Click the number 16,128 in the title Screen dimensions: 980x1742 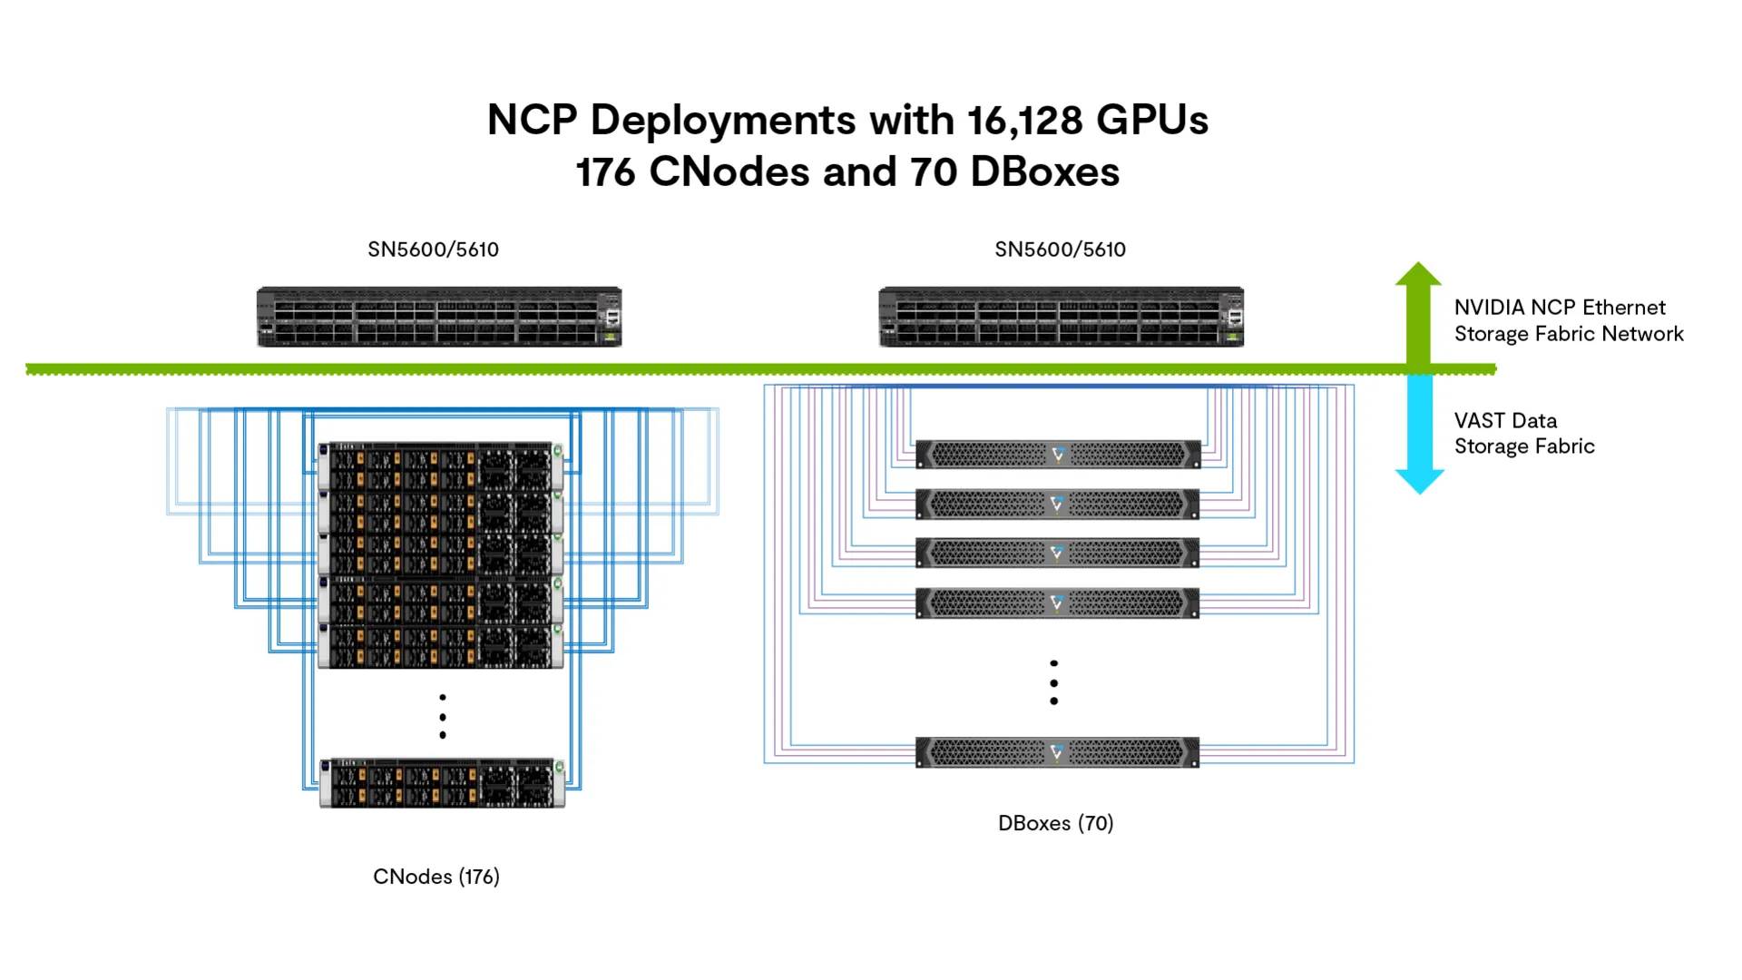[x=1024, y=120]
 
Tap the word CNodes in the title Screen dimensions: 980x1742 [x=729, y=171]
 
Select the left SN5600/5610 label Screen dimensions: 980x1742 [x=433, y=250]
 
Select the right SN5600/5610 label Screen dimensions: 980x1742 [x=1060, y=250]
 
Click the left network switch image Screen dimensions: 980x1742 [x=439, y=317]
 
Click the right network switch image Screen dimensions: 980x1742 [x=1061, y=317]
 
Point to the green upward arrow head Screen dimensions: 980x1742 [x=1418, y=274]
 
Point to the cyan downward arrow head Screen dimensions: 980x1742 [x=1419, y=481]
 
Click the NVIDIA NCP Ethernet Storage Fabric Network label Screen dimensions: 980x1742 [x=1568, y=320]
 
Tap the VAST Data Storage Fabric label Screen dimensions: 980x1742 [x=1523, y=434]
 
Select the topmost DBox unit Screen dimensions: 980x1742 [x=1058, y=454]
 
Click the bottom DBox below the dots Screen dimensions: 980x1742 [x=1058, y=752]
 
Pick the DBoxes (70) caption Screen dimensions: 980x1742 [x=1055, y=823]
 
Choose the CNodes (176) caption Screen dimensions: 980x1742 [x=436, y=877]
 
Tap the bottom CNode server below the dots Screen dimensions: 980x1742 [x=442, y=783]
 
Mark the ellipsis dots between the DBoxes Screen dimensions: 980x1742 [x=1053, y=682]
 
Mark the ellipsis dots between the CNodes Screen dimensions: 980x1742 [x=442, y=716]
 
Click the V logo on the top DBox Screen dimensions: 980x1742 [x=1058, y=454]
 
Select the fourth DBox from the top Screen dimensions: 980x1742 [x=1058, y=603]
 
